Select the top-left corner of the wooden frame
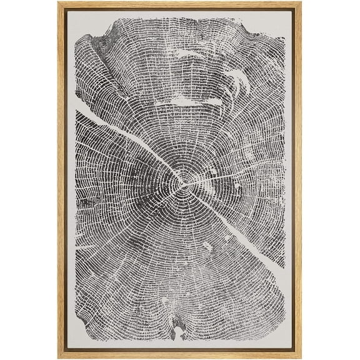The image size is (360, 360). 60,3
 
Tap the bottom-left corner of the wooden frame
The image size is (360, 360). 60,357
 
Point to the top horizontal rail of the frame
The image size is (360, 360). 180,4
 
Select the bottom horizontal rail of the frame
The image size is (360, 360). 180,356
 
